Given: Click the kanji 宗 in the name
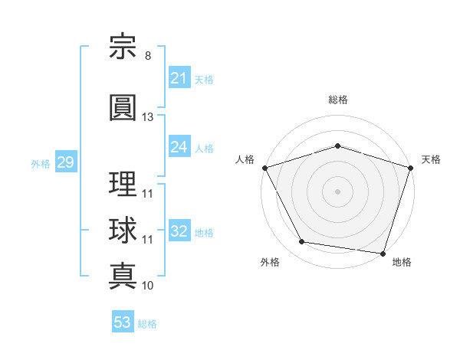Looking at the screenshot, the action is pyautogui.click(x=123, y=46).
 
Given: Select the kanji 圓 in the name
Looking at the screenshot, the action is pyautogui.click(x=123, y=107).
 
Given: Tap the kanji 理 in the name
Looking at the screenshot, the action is pyautogui.click(x=123, y=184).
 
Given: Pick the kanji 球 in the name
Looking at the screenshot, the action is pyautogui.click(x=123, y=230).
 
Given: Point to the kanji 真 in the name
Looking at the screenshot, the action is pyautogui.click(x=123, y=276).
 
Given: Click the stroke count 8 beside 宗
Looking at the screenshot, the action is pyautogui.click(x=148, y=56).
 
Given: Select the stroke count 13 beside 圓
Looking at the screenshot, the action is pyautogui.click(x=147, y=117).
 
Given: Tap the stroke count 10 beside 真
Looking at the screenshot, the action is pyautogui.click(x=147, y=286).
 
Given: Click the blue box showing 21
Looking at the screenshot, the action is pyautogui.click(x=179, y=77).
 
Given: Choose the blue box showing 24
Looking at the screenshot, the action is pyautogui.click(x=179, y=146).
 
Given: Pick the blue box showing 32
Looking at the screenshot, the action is pyautogui.click(x=179, y=230).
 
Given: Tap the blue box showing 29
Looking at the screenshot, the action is pyautogui.click(x=66, y=162).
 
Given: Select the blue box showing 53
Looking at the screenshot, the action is pyautogui.click(x=123, y=321).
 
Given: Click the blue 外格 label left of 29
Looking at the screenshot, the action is pyautogui.click(x=41, y=164).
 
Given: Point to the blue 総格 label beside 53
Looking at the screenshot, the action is pyautogui.click(x=147, y=324).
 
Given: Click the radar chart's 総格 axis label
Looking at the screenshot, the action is pyautogui.click(x=338, y=100).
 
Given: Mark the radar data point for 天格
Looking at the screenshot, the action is pyautogui.click(x=411, y=168).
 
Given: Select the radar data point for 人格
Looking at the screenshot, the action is pyautogui.click(x=265, y=168).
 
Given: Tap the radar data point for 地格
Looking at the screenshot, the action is pyautogui.click(x=383, y=254).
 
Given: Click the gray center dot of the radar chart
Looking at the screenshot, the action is pyautogui.click(x=337, y=191).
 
